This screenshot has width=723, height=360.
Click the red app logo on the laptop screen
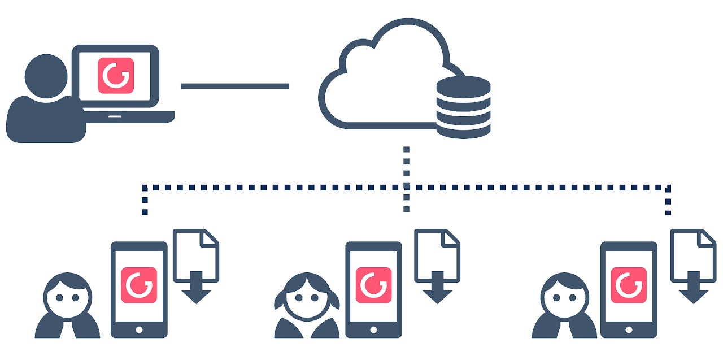coord(116,75)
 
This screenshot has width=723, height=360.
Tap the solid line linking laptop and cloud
coord(235,86)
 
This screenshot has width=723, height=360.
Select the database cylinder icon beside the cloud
coord(463,107)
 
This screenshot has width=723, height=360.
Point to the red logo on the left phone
coord(139,285)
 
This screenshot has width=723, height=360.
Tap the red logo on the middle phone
coord(374,285)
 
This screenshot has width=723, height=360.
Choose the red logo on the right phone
coord(629,285)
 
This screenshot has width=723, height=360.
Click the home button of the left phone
coord(139,328)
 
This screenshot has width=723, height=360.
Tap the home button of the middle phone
coord(374,328)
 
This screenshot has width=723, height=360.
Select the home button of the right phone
coord(629,328)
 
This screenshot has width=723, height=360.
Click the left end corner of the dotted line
coord(145,187)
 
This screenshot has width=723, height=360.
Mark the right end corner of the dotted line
coord(668,187)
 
